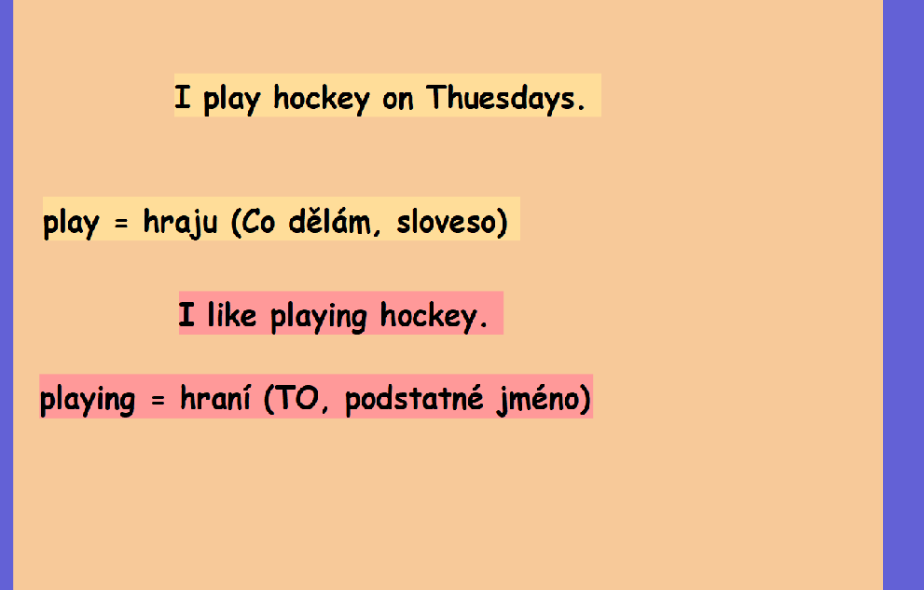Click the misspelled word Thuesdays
(x=505, y=98)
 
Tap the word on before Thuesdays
(x=398, y=100)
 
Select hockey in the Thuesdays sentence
(x=322, y=99)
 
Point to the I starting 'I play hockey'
(x=183, y=97)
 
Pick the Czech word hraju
(x=180, y=223)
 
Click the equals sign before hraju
(x=121, y=224)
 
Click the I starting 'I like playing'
(x=186, y=314)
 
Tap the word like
(x=231, y=314)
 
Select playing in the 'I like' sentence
(x=319, y=317)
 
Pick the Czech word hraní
(x=215, y=397)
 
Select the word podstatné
(x=414, y=399)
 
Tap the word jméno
(x=544, y=399)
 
